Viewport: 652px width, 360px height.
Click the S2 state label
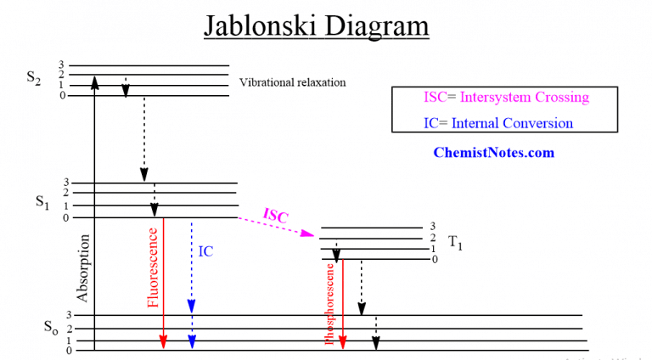click(34, 78)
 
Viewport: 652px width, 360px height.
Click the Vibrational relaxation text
click(293, 82)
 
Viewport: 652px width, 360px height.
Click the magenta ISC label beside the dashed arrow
click(276, 216)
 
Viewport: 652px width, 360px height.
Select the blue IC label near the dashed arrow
click(205, 252)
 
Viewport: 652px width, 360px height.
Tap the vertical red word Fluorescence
click(153, 267)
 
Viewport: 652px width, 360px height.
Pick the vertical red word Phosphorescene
click(329, 301)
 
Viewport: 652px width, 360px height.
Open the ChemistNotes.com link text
click(493, 153)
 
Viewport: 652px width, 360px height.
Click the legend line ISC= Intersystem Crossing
click(505, 97)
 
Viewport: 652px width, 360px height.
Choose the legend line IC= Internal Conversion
click(498, 123)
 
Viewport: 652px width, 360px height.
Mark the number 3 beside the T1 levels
click(432, 226)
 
